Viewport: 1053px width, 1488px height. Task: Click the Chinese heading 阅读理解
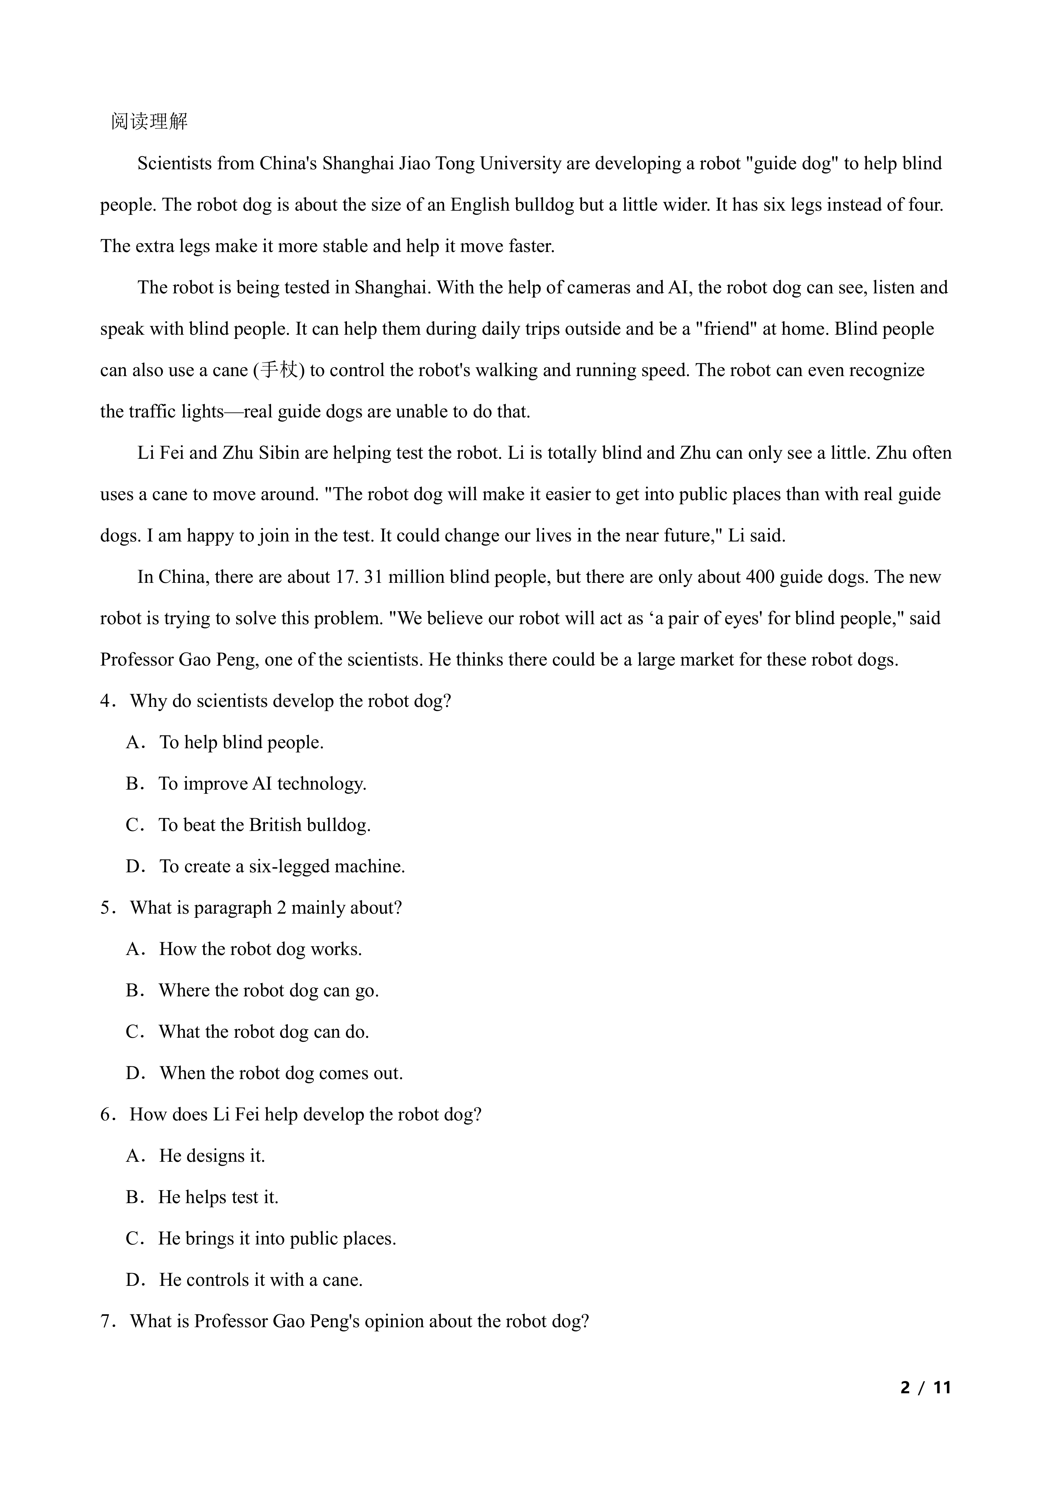click(x=149, y=121)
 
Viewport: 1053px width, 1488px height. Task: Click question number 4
click(x=107, y=701)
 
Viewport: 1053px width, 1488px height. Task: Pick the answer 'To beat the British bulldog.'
click(x=265, y=825)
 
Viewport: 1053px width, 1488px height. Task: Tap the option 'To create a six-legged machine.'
click(x=282, y=867)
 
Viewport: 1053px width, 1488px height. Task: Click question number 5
click(x=107, y=908)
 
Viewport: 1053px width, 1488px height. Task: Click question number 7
click(x=107, y=1322)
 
